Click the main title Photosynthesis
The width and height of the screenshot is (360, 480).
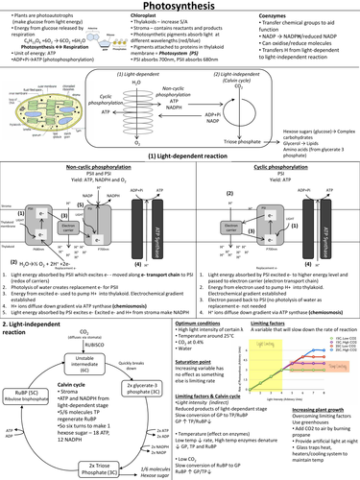point(180,8)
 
